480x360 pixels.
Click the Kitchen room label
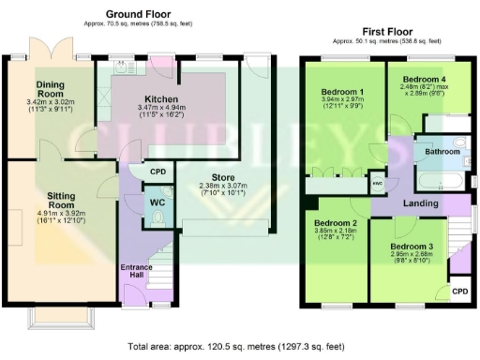(x=148, y=98)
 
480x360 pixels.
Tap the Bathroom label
(x=442, y=151)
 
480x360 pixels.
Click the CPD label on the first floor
(x=460, y=292)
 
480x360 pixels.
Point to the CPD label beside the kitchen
(x=158, y=172)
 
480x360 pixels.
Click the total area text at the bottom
(x=239, y=346)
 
